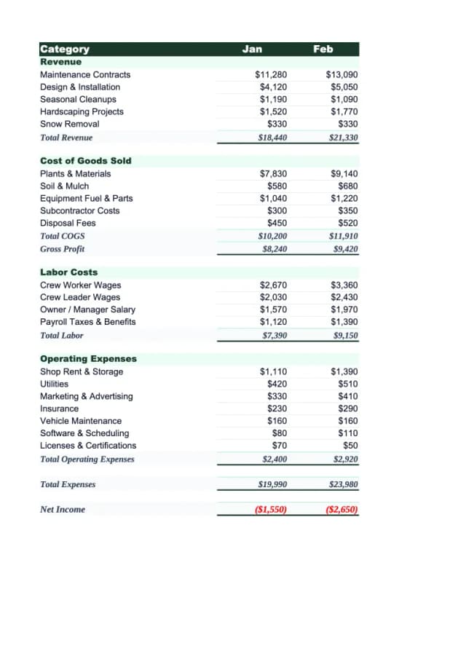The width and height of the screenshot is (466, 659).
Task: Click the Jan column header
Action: pos(252,49)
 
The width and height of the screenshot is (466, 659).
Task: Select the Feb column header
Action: pos(323,49)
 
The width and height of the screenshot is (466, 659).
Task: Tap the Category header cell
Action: pos(65,49)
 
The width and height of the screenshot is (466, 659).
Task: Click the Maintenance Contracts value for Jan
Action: pos(271,75)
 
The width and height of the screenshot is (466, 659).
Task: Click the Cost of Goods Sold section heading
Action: pos(85,161)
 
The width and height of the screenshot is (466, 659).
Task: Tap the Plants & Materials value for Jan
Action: pos(273,174)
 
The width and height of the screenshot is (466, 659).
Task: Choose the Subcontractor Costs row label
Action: pos(79,210)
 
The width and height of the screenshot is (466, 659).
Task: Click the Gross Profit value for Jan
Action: pos(274,249)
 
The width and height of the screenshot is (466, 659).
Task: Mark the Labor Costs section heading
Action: pos(68,272)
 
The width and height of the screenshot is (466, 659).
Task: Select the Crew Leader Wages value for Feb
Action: pos(344,297)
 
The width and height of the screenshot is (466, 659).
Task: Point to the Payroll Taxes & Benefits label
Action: pos(87,322)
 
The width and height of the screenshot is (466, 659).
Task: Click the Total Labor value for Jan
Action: pos(274,336)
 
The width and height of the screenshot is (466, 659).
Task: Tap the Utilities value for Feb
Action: pos(348,384)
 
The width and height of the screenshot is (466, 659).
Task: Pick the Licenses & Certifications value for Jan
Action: pos(280,445)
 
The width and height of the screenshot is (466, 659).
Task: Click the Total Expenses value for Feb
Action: pos(344,484)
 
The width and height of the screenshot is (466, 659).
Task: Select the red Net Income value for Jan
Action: pos(271,510)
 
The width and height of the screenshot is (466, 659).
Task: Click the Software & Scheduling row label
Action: pos(84,433)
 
